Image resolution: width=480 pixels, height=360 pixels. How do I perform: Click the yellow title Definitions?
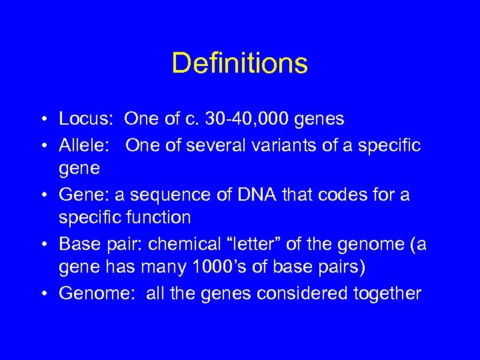click(x=239, y=63)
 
